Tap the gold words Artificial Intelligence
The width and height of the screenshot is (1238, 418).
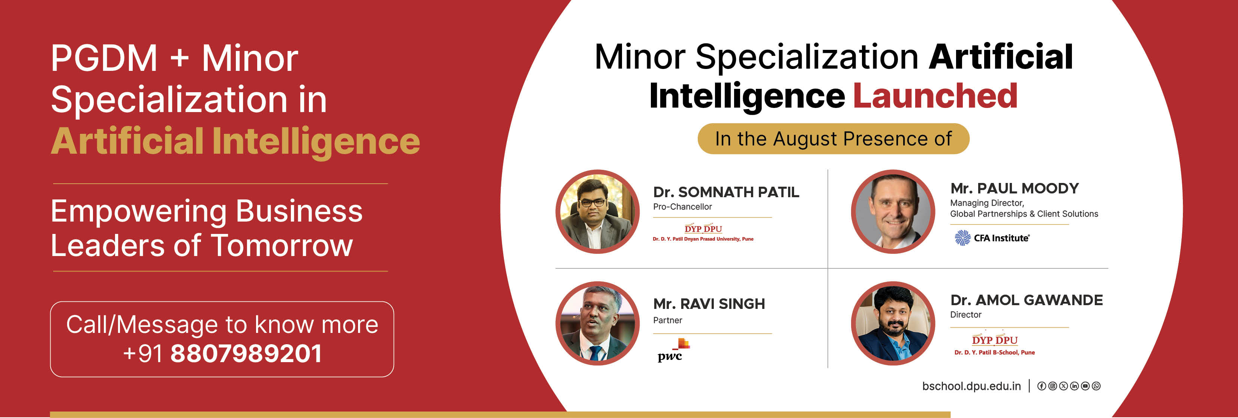235,141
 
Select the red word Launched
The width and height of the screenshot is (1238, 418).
935,96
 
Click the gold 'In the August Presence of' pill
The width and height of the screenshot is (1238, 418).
833,139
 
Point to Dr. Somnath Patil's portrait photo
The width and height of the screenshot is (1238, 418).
597,211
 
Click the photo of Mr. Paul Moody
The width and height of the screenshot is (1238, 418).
893,211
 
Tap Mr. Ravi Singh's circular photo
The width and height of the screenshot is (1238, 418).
597,324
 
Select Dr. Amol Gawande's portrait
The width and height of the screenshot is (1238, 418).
893,324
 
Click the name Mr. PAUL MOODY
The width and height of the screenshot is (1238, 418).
1015,188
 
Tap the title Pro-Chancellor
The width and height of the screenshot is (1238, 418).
682,207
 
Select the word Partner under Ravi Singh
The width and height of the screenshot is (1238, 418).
667,320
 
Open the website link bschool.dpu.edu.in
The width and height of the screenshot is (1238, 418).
971,386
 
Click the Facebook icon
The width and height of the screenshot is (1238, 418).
1042,386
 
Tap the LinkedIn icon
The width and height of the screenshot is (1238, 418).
1074,386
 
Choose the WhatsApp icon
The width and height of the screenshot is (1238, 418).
1096,386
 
